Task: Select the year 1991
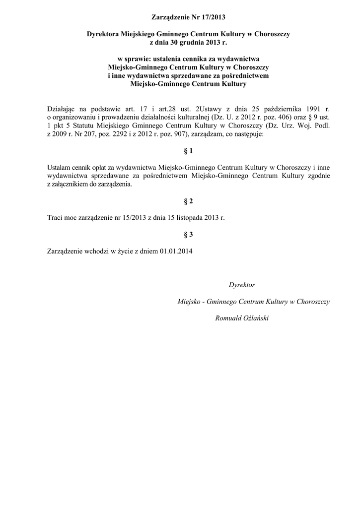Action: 316,109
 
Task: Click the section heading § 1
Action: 188,150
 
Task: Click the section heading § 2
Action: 188,201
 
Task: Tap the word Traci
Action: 55,218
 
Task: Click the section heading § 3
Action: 188,234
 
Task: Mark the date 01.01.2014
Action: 176,251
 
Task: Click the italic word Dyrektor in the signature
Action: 242,285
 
